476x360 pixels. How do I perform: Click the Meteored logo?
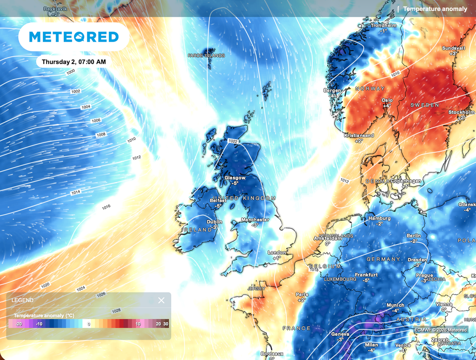(73, 37)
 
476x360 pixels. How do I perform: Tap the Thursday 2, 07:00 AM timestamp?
(73, 61)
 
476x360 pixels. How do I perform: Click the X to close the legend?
(161, 300)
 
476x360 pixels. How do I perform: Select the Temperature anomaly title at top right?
(435, 9)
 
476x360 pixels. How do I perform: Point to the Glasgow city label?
(235, 177)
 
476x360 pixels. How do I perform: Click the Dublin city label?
(214, 222)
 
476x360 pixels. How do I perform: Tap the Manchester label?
(255, 220)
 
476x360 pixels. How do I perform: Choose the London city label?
(277, 253)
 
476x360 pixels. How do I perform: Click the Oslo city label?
(387, 100)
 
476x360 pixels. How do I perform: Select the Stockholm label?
(461, 112)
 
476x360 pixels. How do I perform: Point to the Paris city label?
(302, 295)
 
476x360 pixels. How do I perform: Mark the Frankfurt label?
(366, 275)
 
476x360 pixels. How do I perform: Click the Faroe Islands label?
(206, 56)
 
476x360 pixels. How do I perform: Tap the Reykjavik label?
(55, 9)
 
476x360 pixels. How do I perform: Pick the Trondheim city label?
(383, 26)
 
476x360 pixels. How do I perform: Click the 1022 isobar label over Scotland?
(233, 141)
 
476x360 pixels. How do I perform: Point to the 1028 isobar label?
(116, 310)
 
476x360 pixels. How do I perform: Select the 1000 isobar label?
(70, 72)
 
